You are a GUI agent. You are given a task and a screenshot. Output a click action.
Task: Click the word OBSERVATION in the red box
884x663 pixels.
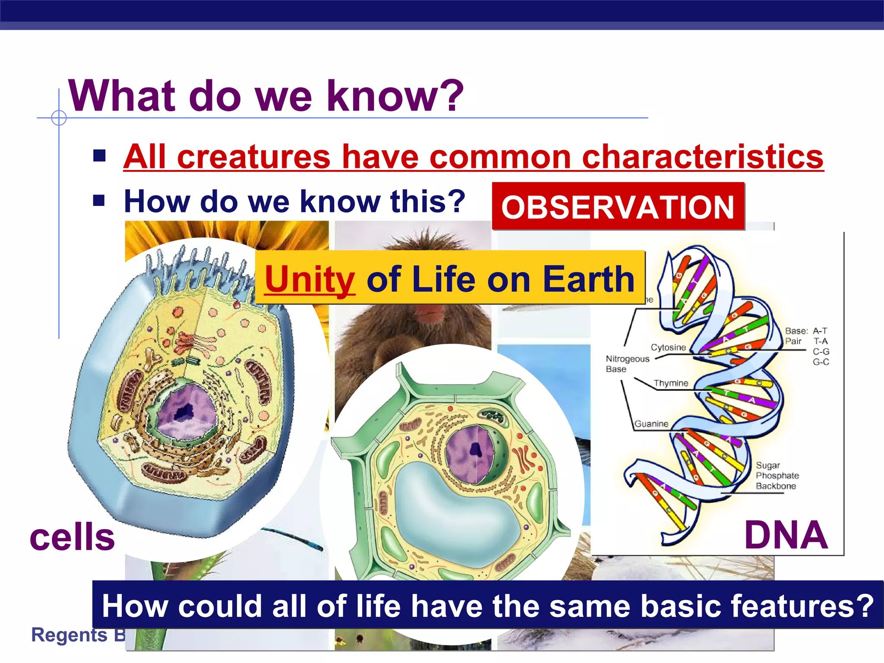pyautogui.click(x=618, y=207)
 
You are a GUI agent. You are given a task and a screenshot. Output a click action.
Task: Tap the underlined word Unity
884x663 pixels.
pyautogui.click(x=309, y=280)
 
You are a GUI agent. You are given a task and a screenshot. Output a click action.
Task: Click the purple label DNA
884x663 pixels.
pyautogui.click(x=786, y=535)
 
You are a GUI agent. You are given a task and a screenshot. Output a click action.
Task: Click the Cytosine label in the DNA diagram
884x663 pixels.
pyautogui.click(x=668, y=347)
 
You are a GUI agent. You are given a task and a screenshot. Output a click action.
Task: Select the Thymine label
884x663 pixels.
pyautogui.click(x=670, y=383)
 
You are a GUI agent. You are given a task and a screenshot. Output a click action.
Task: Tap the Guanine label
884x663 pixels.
pyautogui.click(x=651, y=424)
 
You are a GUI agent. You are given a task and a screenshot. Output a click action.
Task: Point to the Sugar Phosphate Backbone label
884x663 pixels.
pyautogui.click(x=777, y=476)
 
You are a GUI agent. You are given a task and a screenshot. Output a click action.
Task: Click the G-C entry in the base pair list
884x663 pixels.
pyautogui.click(x=821, y=362)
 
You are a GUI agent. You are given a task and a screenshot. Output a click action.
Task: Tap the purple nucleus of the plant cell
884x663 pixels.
pyautogui.click(x=470, y=453)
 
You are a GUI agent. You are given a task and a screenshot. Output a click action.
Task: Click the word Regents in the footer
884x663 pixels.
pyautogui.click(x=69, y=635)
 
